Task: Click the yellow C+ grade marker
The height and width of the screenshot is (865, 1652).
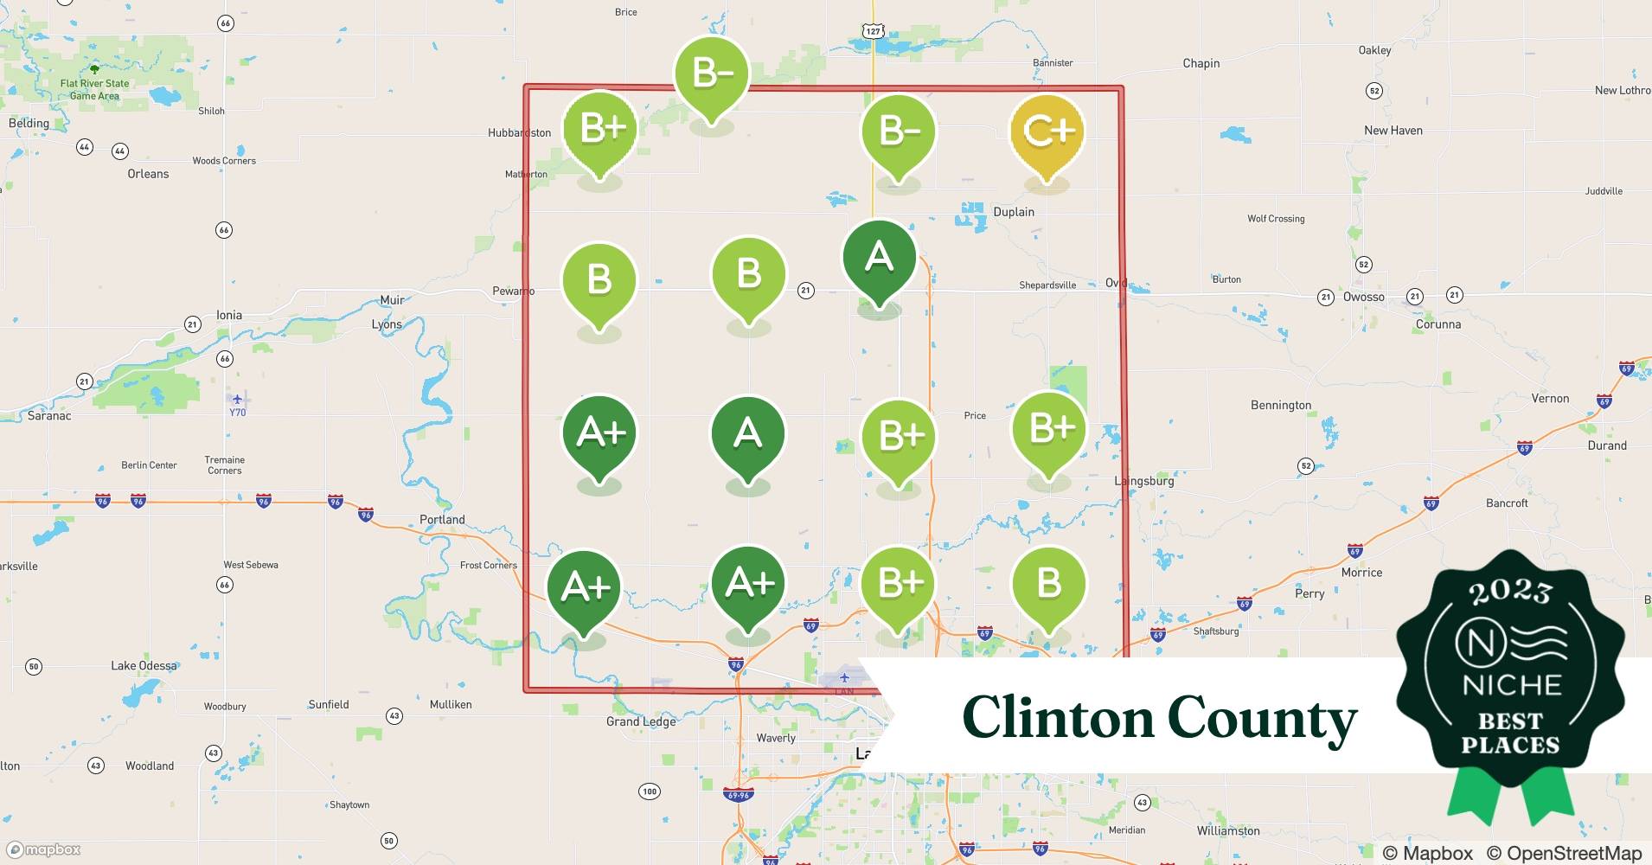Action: [1047, 133]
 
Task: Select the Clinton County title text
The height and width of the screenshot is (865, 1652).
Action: [1159, 719]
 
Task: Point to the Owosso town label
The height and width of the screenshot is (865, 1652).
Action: [1363, 297]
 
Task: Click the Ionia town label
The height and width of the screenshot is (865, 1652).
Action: [228, 315]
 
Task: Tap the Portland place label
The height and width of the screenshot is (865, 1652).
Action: [442, 519]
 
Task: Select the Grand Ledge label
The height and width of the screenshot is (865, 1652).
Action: [641, 721]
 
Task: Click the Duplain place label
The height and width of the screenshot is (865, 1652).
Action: [1014, 212]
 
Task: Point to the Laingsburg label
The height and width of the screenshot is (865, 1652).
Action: [1144, 481]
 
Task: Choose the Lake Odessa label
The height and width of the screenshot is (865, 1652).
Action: [144, 665]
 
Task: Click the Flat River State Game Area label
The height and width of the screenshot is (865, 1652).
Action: [95, 89]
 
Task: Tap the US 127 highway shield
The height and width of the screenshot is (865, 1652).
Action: [874, 31]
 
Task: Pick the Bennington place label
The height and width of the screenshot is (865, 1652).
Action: [1281, 405]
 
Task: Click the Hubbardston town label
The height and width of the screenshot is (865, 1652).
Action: [519, 132]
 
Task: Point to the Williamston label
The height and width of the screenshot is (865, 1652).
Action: [1228, 830]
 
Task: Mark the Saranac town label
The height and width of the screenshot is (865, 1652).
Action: [49, 415]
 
